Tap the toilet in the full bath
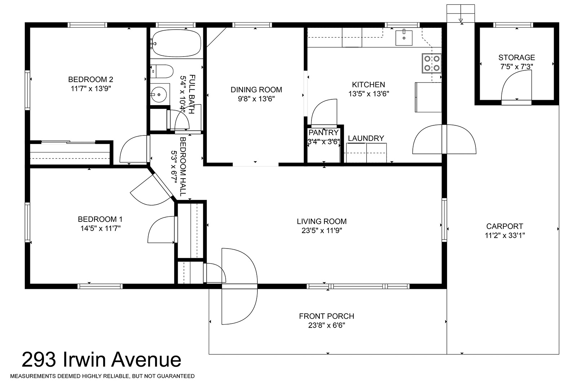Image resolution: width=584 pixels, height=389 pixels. (162, 71)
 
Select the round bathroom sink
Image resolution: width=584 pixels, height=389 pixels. (159, 94)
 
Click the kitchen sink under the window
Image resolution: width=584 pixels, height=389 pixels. (404, 38)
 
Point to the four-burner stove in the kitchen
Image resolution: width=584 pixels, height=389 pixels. (432, 63)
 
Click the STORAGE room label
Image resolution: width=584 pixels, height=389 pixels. (517, 57)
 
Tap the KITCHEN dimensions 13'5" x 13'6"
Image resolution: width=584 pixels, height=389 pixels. (369, 94)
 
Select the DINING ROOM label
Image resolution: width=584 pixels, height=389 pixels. (256, 90)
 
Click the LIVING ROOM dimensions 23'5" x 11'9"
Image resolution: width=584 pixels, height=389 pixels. (322, 231)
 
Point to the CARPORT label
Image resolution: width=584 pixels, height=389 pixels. (504, 226)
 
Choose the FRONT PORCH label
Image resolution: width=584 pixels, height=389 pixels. (326, 316)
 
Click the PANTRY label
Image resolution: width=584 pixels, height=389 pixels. (324, 133)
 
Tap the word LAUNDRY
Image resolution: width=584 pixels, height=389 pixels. (366, 138)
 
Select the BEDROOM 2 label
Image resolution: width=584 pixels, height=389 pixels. (90, 79)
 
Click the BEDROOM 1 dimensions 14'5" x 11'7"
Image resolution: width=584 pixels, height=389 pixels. (100, 228)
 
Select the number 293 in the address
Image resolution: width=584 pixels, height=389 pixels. (39, 359)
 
